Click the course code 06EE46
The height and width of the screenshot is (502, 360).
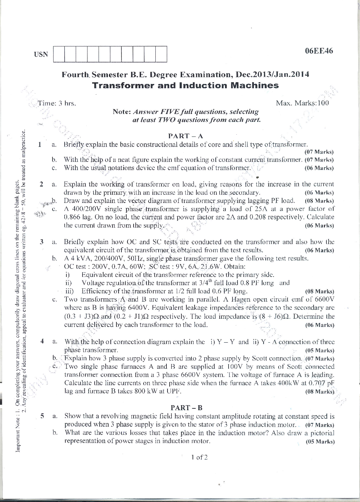319,51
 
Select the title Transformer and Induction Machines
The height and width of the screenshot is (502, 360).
185,85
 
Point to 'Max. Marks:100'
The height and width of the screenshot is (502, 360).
302,103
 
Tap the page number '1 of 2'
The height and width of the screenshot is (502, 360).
199,457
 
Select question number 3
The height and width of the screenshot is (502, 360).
42,242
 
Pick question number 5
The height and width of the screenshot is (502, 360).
42,416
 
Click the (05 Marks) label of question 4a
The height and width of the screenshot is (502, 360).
320,351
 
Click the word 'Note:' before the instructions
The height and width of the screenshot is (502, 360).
122,111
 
